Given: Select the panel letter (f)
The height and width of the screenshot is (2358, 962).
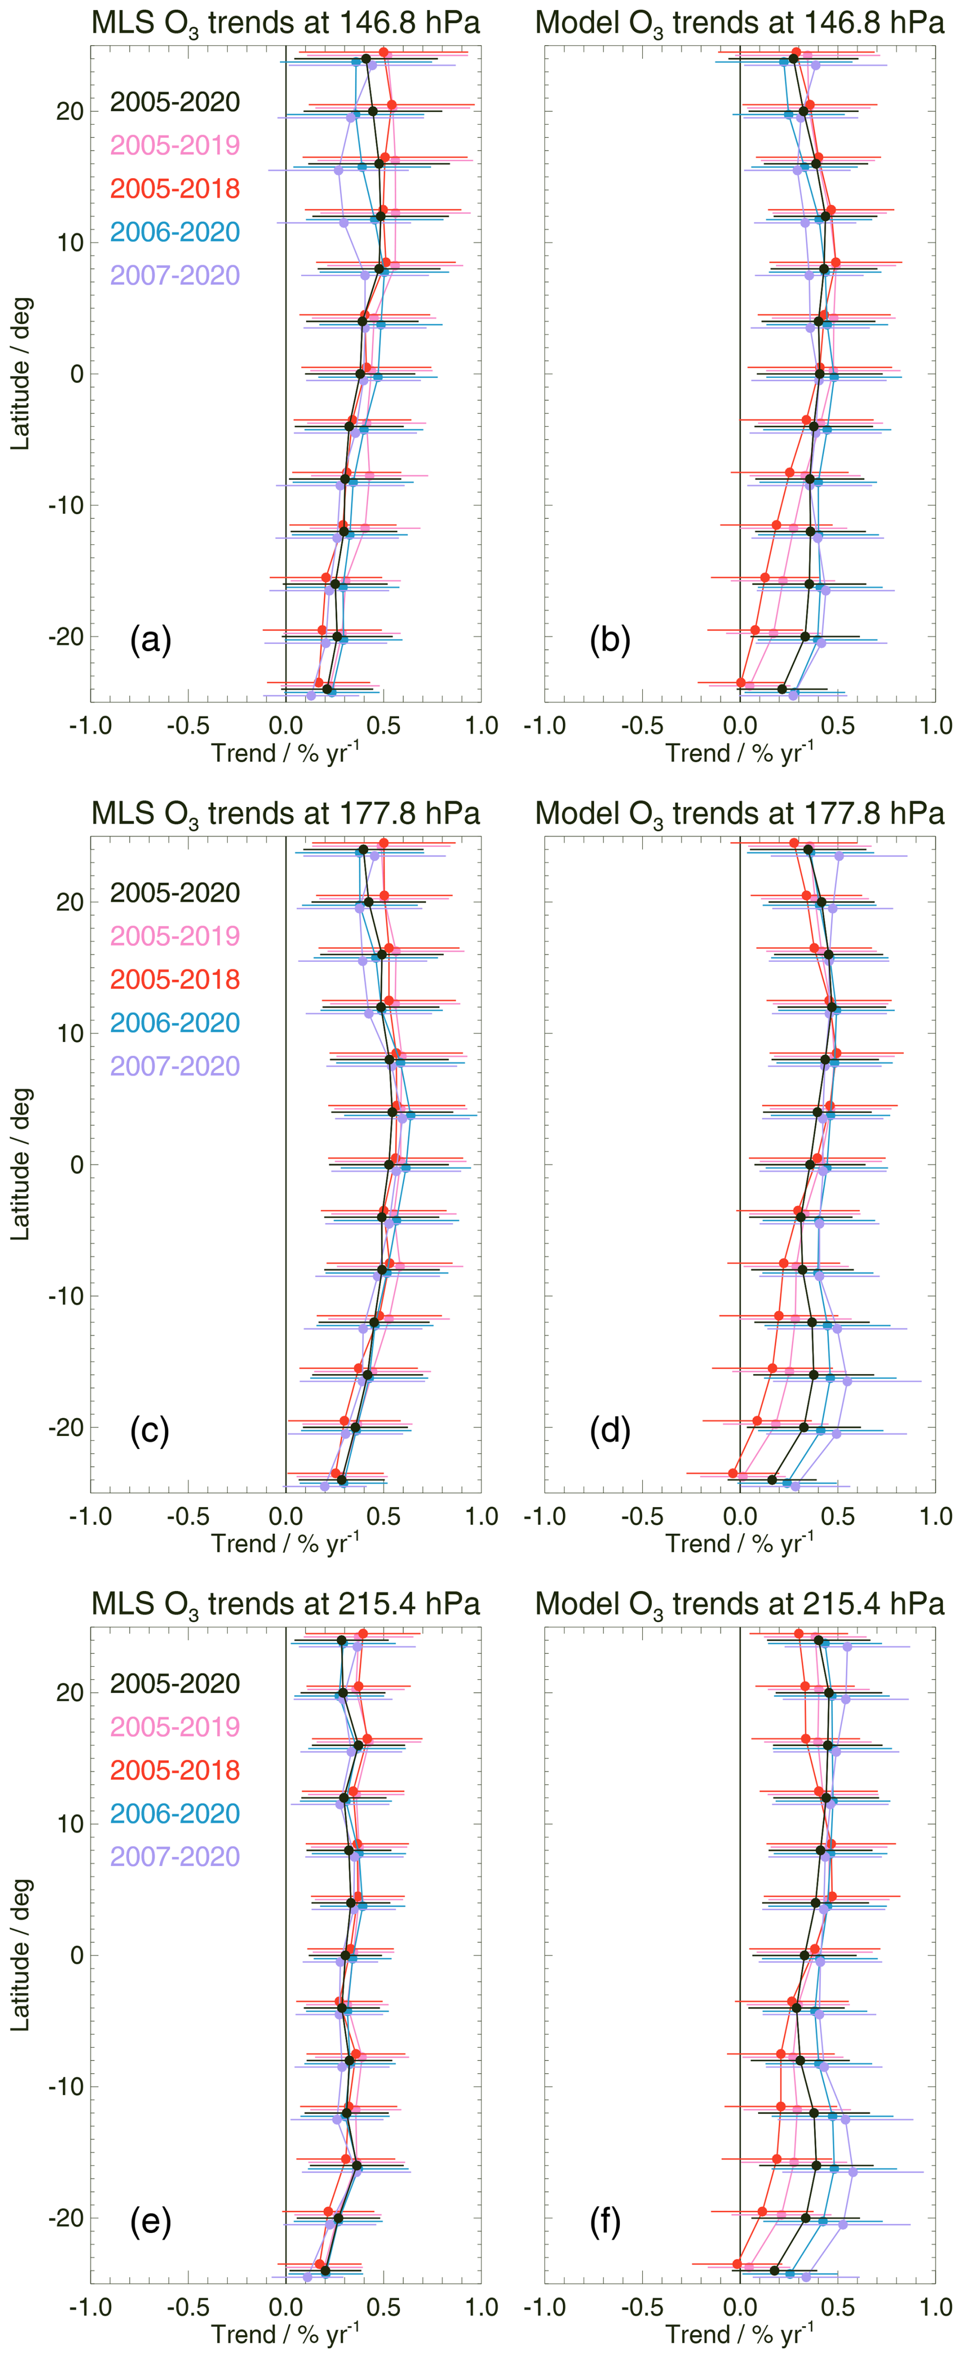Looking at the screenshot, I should tap(605, 2221).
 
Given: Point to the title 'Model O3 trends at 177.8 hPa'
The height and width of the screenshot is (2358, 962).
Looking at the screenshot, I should tap(740, 813).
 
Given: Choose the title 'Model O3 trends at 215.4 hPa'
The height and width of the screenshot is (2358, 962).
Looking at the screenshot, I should tap(740, 1604).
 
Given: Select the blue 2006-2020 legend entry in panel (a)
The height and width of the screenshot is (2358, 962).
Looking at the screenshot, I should tap(175, 231).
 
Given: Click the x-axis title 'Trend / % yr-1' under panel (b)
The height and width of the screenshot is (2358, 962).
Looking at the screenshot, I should tap(740, 753).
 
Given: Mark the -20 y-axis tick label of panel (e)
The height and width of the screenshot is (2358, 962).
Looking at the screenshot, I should tap(64, 2218).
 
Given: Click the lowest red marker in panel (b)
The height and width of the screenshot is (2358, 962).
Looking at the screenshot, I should tap(740, 683).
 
